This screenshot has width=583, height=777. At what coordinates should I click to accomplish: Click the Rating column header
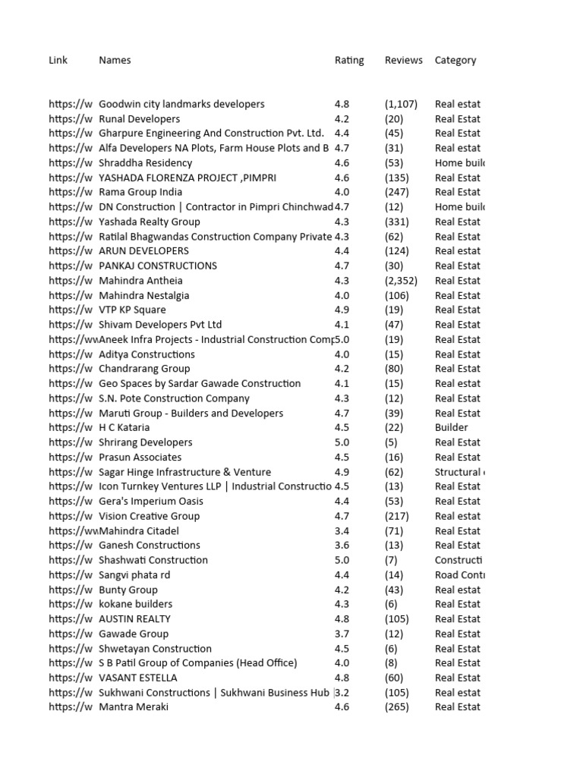[x=349, y=60]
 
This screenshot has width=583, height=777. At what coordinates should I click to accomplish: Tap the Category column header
[x=455, y=60]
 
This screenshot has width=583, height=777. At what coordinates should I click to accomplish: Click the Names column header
[x=115, y=60]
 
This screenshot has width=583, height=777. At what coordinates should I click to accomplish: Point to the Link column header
[x=58, y=60]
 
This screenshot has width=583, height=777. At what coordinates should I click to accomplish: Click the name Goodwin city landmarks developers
[x=181, y=104]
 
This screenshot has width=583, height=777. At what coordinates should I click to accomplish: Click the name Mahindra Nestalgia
[x=144, y=295]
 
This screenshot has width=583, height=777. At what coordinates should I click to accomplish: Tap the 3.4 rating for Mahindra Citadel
[x=342, y=530]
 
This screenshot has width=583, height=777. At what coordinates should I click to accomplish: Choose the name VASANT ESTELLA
[x=138, y=678]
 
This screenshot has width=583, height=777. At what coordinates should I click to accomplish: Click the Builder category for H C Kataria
[x=452, y=427]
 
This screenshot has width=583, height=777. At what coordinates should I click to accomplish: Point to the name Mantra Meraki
[x=134, y=707]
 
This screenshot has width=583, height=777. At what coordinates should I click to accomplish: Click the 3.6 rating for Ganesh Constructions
[x=342, y=545]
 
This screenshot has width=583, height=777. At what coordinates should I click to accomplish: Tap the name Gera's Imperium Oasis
[x=151, y=501]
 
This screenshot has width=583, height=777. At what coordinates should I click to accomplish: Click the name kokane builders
[x=136, y=604]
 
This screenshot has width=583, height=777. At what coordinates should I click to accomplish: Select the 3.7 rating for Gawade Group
[x=342, y=634]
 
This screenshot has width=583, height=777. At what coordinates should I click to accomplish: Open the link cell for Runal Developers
[x=71, y=118]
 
